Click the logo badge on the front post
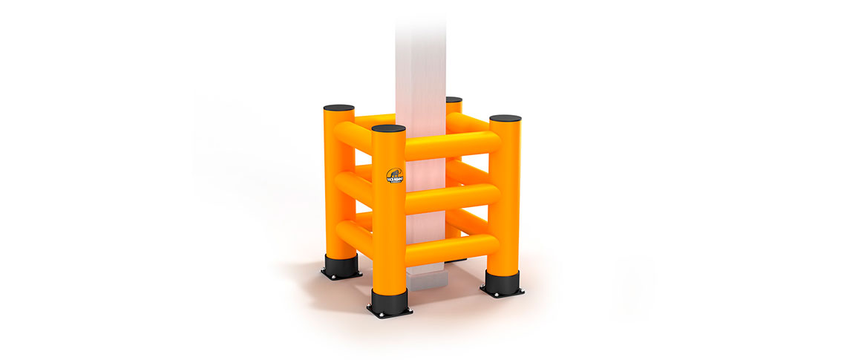pos(394,176)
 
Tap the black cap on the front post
pos(389,128)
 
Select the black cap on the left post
pos(338,108)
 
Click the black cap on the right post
pos(505,118)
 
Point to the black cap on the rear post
pos(454,99)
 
